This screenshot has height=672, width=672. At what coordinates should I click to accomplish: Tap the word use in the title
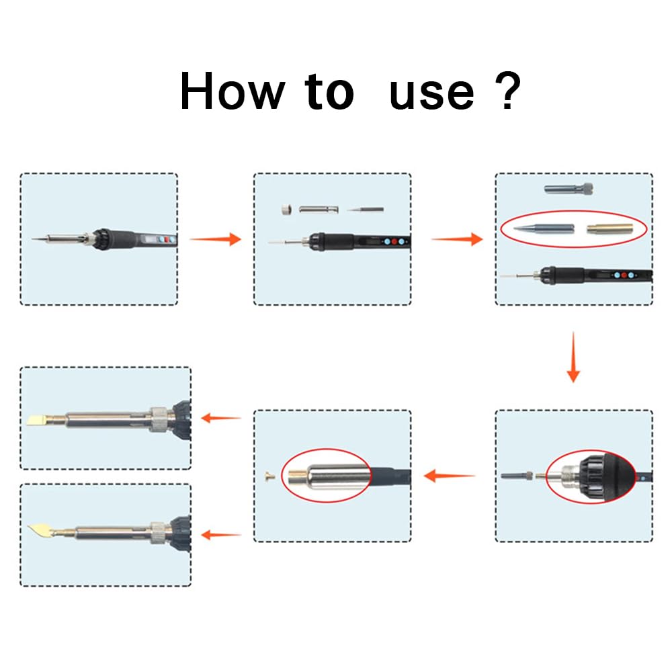click(x=431, y=93)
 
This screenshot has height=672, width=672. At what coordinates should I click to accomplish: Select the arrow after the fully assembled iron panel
click(x=215, y=239)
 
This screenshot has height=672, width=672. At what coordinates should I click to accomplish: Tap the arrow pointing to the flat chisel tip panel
click(x=221, y=418)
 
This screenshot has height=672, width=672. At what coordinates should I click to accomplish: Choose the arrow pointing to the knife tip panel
click(x=221, y=535)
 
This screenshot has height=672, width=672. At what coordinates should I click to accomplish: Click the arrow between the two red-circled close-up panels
click(x=450, y=476)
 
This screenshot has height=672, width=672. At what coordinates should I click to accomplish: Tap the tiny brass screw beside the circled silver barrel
click(x=270, y=476)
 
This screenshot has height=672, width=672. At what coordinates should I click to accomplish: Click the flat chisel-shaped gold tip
click(x=39, y=420)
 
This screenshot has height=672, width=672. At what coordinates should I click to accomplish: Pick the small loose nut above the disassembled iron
click(x=286, y=210)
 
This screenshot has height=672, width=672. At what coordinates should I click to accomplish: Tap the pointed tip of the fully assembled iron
click(x=35, y=239)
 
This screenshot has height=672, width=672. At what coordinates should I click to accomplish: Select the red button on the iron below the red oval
click(x=624, y=274)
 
